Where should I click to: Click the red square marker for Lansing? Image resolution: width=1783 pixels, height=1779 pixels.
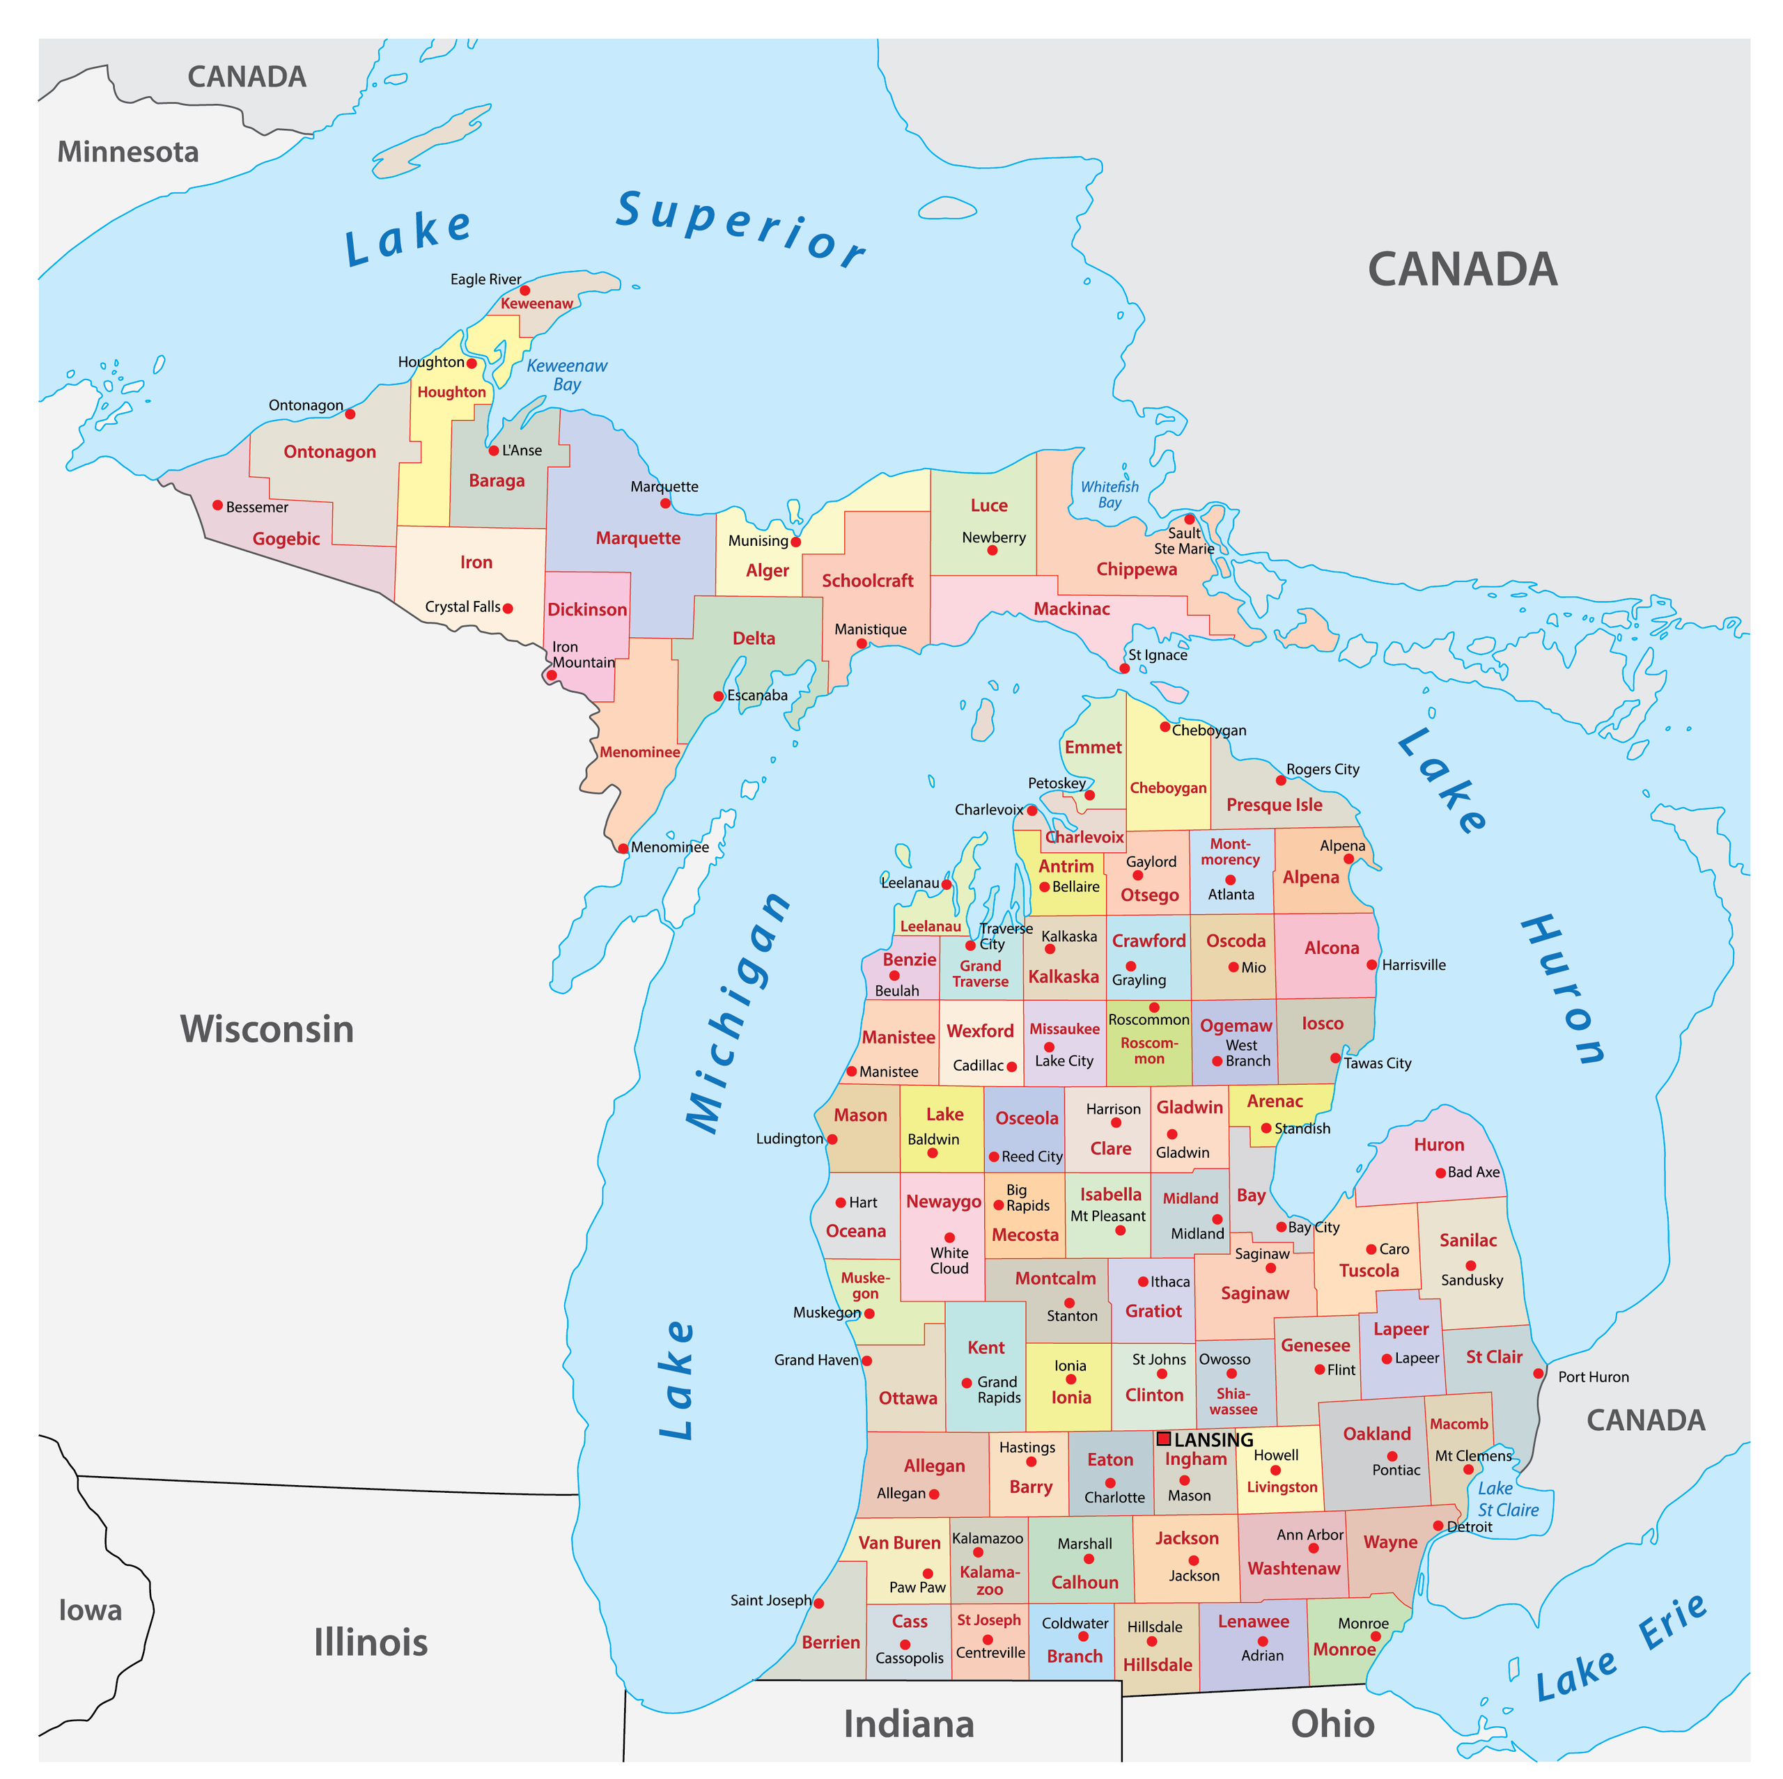1164,1439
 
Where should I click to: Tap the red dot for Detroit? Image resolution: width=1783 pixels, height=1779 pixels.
1438,1526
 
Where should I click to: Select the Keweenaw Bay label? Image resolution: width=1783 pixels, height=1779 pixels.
567,375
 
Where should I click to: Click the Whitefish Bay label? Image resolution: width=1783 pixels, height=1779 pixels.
1109,494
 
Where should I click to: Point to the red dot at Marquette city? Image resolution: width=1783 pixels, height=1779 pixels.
665,503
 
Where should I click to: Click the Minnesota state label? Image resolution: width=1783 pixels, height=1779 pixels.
128,151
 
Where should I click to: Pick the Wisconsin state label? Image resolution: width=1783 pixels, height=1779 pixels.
267,1029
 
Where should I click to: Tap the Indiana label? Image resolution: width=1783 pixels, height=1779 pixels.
909,1723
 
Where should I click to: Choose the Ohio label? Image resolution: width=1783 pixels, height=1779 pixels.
1332,1723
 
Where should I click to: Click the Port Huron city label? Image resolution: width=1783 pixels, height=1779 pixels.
1594,1377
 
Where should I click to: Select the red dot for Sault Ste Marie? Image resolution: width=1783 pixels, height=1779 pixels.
1190,519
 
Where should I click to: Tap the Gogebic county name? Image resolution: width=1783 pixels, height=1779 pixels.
286,539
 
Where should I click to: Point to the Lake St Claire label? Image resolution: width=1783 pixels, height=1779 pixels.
1508,1499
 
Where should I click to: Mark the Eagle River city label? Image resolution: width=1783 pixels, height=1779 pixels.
485,279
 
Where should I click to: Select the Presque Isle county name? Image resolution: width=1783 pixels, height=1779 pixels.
1275,805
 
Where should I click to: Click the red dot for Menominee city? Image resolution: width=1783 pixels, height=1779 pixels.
623,848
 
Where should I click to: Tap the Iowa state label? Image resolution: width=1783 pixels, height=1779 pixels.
91,1610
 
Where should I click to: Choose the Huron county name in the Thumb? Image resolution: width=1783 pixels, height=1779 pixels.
1439,1144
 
